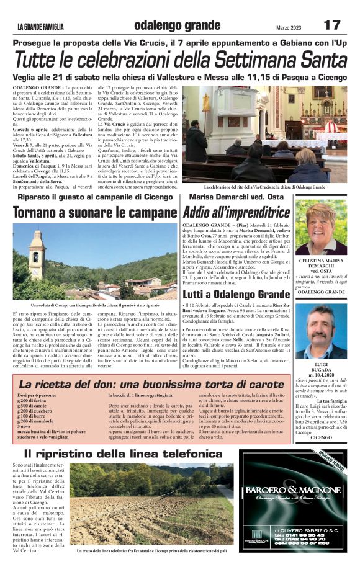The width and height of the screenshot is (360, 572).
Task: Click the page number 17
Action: [332, 25]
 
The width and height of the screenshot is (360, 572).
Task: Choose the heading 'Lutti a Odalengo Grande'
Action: [236, 293]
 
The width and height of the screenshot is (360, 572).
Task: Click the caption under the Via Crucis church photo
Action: [264, 187]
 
